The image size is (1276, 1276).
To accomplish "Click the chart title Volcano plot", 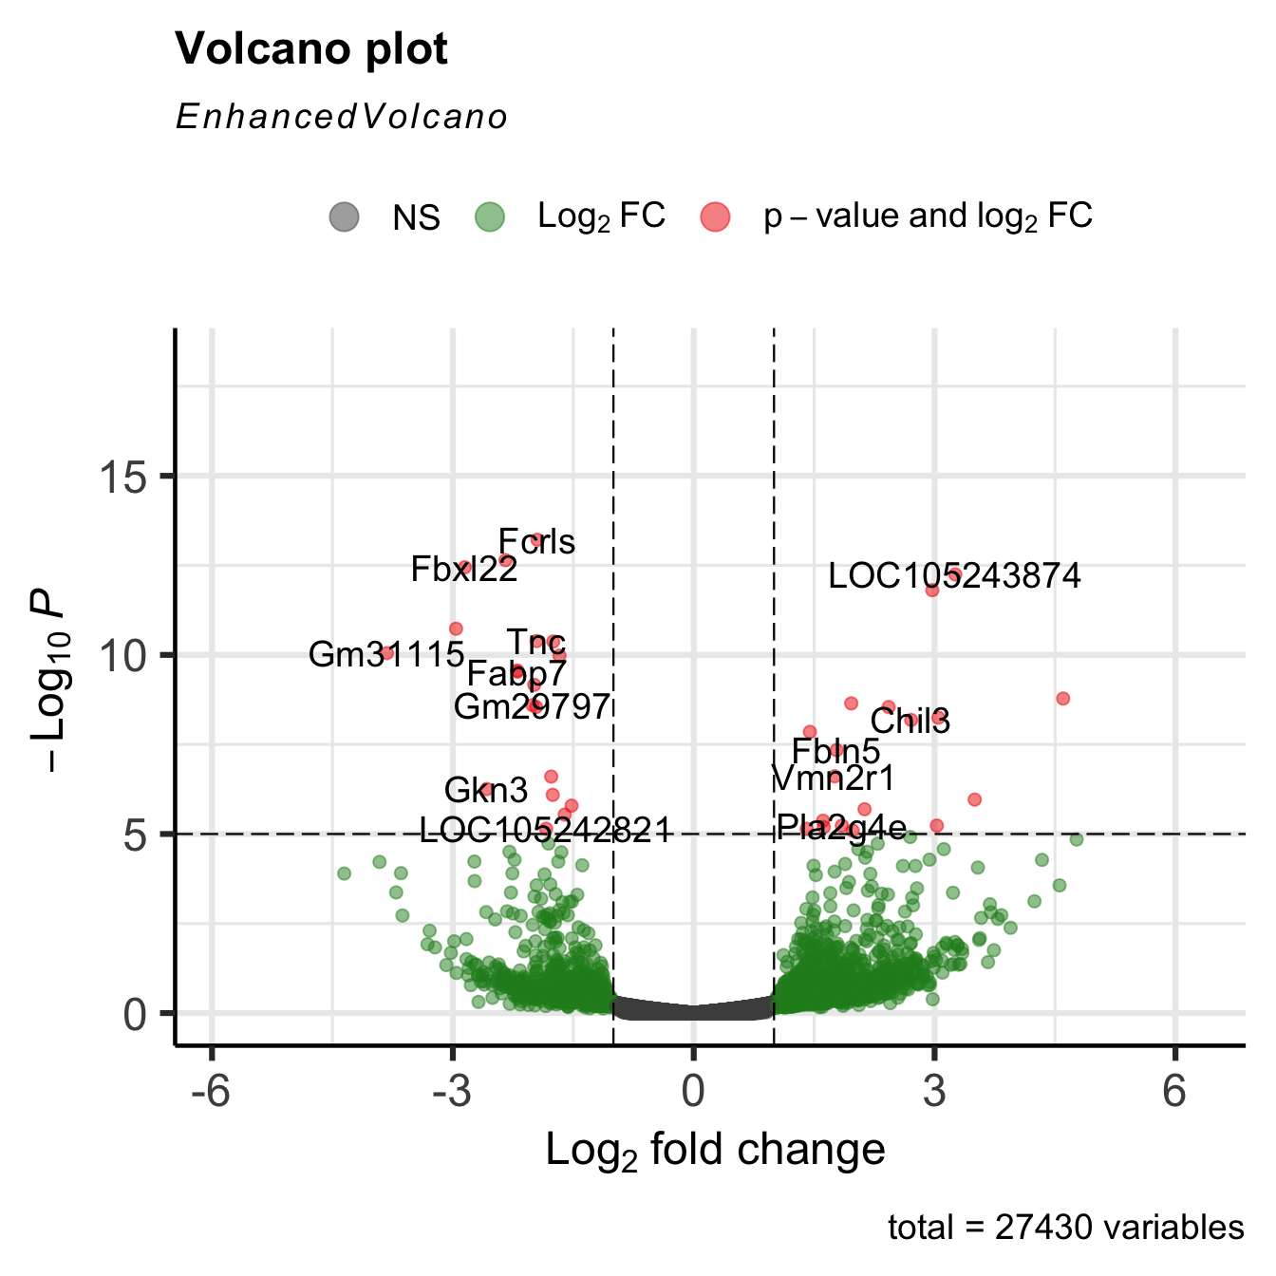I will (311, 49).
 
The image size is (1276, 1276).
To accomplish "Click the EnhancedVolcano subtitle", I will (342, 117).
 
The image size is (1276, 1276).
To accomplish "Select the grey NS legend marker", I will (345, 217).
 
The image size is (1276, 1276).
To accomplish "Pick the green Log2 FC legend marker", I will (490, 217).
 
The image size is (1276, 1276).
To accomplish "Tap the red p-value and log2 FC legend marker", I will (716, 217).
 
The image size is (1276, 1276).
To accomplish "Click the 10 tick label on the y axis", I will (122, 655).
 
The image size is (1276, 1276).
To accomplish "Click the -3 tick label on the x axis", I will (452, 1092).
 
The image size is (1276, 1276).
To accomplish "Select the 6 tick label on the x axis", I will (1175, 1092).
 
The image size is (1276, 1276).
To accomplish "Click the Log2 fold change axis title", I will (715, 1151).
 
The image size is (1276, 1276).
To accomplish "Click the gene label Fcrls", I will (537, 542).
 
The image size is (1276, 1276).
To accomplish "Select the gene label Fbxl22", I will (464, 570).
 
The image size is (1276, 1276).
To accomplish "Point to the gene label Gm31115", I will (386, 655).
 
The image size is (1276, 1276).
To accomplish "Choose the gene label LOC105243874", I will (954, 576).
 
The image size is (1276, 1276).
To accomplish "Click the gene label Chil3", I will (910, 722).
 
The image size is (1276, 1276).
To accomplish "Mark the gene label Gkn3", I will (486, 791).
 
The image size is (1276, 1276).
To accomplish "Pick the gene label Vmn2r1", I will (833, 779).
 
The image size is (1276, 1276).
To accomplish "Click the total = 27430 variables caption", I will (1065, 1229).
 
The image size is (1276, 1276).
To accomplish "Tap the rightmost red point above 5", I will (1062, 699).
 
